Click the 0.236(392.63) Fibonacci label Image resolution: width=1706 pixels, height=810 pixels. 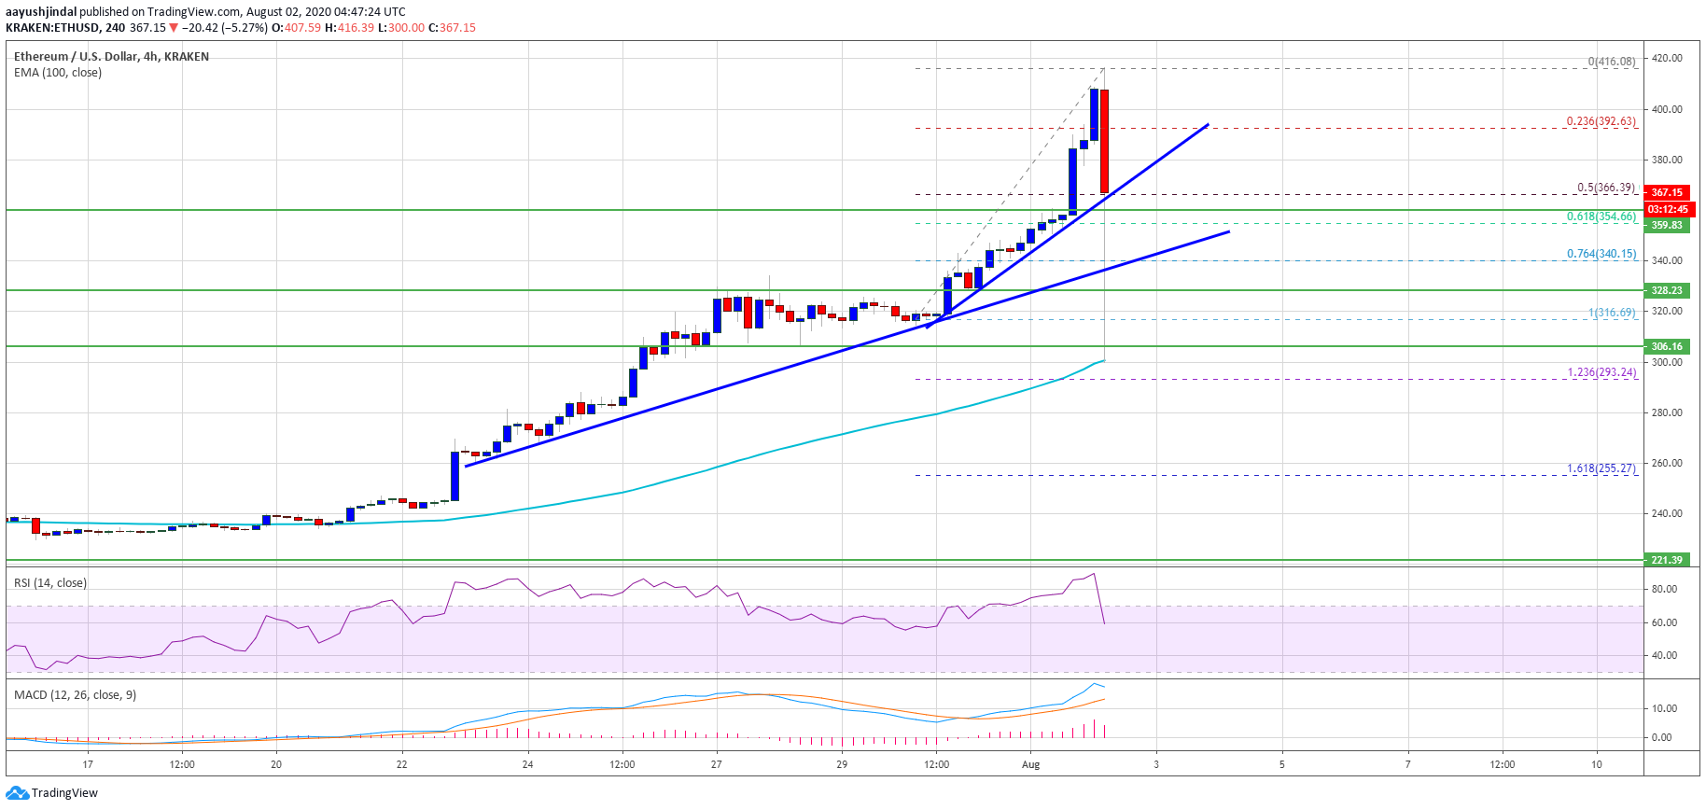tap(1601, 121)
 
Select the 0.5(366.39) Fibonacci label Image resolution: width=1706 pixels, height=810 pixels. tap(1605, 188)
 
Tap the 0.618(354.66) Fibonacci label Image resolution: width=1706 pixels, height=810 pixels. tap(1601, 216)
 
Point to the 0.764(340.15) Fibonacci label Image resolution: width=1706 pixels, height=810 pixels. tap(1601, 254)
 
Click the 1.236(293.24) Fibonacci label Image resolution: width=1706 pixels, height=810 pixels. tap(1601, 372)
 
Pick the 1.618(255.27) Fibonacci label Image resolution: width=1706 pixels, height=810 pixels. tap(1601, 468)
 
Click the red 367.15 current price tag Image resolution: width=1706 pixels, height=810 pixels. tap(1666, 192)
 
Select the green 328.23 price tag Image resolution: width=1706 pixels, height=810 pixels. tap(1666, 290)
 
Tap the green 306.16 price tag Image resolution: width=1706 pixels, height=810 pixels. tap(1666, 346)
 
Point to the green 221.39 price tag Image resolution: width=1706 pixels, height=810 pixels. tap(1666, 560)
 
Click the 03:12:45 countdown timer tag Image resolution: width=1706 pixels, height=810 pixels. tap(1666, 209)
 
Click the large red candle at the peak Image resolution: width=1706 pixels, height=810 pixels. tap(1104, 141)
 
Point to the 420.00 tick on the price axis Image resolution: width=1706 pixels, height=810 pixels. tap(1667, 58)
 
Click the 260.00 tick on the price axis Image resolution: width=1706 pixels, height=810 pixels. tap(1667, 463)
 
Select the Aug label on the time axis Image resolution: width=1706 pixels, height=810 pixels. tap(1030, 764)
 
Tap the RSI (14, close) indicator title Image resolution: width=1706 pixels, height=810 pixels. tap(50, 583)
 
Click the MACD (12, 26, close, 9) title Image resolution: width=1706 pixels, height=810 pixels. tap(75, 695)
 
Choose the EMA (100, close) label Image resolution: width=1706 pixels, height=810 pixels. tap(58, 73)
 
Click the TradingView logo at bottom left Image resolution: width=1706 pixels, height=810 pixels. tap(52, 793)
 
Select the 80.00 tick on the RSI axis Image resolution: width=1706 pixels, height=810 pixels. tap(1664, 589)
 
